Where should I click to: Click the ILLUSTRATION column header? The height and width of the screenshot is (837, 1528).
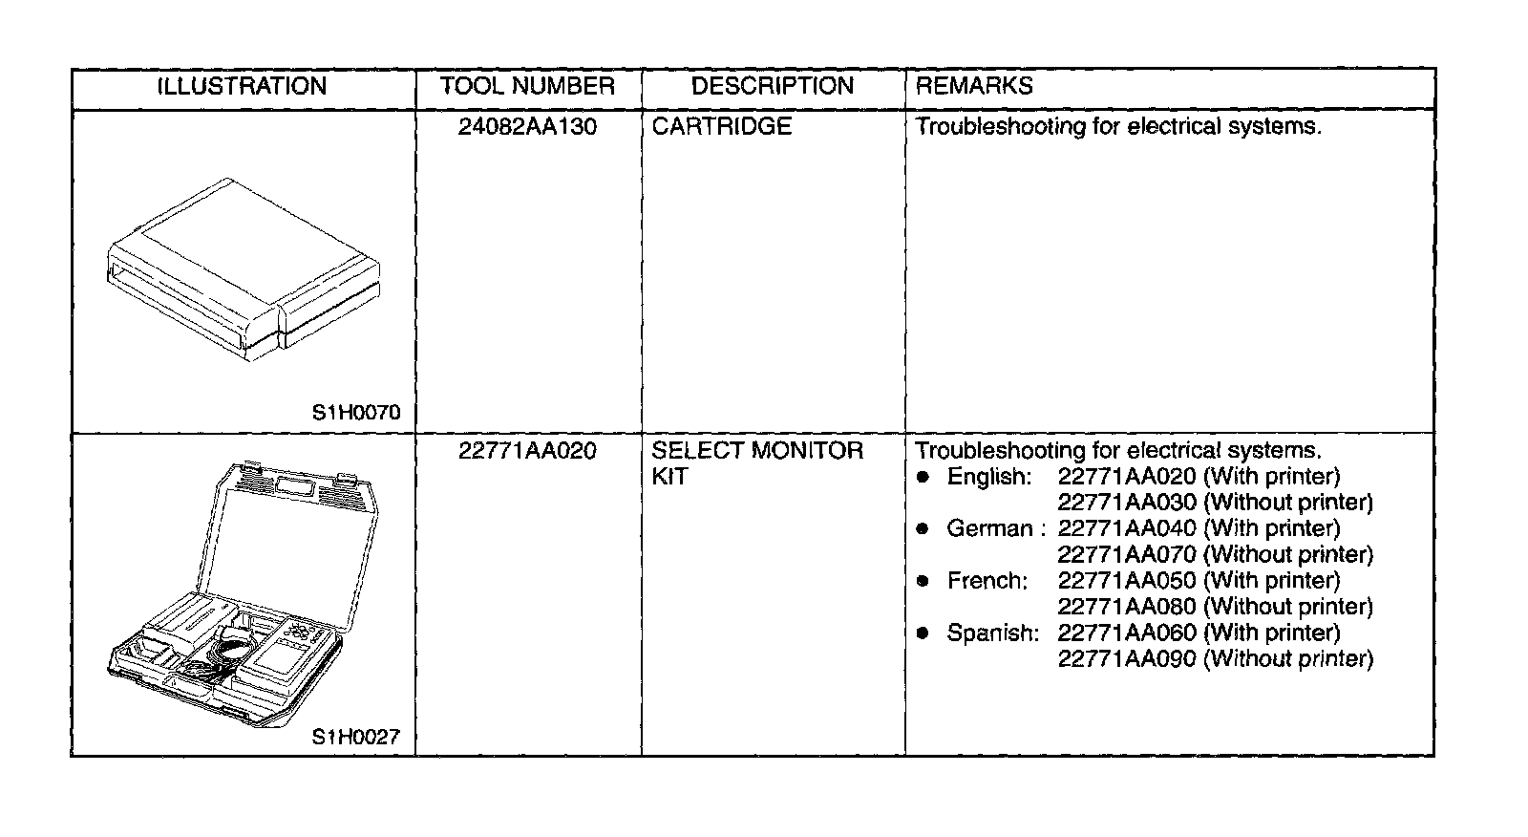coord(242,87)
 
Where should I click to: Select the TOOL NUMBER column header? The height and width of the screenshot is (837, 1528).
coord(527,87)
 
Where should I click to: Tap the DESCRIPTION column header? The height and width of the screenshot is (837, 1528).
coord(772,87)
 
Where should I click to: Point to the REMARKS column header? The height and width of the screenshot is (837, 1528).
coord(974,87)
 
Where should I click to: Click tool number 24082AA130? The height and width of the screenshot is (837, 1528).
coord(527,127)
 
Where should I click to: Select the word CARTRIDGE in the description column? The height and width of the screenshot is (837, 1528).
coord(722,127)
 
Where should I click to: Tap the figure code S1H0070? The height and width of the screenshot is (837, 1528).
coord(356,413)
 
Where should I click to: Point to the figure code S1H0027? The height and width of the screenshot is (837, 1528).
coord(356,737)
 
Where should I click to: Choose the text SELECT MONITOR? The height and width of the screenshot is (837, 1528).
coord(757,451)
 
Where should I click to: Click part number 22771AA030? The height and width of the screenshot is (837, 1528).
coord(1127,503)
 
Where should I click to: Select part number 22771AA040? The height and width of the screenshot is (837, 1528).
coord(1127,528)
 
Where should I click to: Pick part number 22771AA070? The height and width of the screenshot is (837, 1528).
coord(1127,554)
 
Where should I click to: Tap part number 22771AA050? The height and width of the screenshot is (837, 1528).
coord(1127,581)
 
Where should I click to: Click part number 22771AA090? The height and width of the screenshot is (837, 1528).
coord(1127,658)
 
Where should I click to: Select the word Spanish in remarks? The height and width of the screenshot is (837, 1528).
coord(992,633)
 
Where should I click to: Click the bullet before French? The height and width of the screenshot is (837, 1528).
coord(923,581)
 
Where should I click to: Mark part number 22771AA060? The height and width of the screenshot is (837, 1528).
coord(1127,633)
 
